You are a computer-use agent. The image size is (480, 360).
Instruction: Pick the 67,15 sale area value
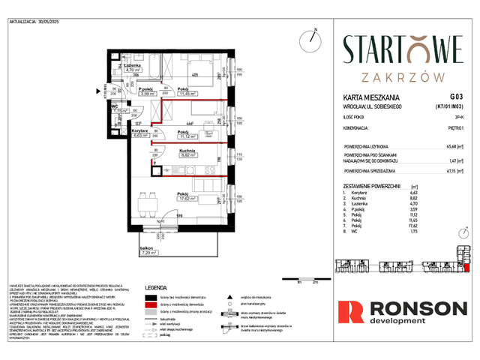click(453, 170)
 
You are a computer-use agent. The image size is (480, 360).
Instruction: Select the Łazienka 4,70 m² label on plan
click(134, 69)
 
